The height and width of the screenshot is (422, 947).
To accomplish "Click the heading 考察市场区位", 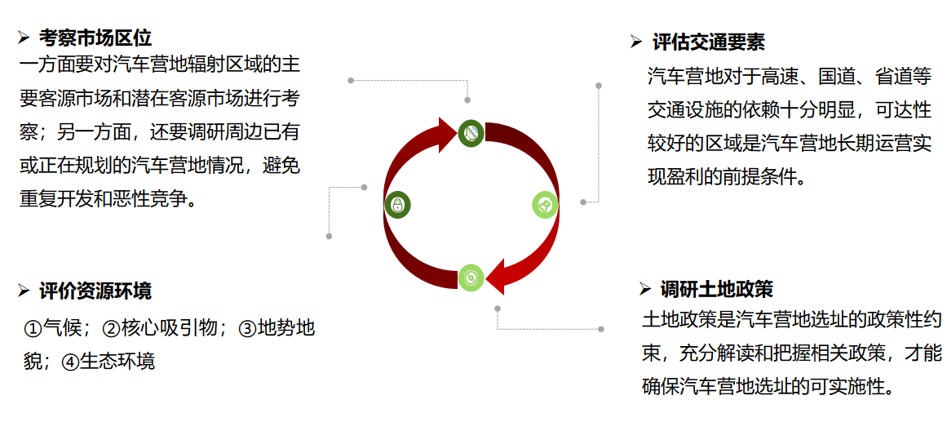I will pos(95,38).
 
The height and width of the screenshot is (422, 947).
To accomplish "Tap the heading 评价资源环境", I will pos(95,291).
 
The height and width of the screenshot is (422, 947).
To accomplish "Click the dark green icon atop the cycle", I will pos(471,133).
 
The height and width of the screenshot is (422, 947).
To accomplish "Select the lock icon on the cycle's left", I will pos(397,205).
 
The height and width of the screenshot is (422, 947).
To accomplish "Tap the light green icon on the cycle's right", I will pos(545,205).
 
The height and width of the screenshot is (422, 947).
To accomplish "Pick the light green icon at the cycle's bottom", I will pos(471,278).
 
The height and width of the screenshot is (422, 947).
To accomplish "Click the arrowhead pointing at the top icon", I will pos(446,135).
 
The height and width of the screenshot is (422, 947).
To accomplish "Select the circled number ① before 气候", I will pos(33,329).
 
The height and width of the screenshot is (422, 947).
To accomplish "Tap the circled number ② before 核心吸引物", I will pos(112,329).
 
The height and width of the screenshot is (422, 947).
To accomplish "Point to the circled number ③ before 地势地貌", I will pos(247,329).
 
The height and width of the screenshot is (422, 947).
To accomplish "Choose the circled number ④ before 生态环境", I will pos(69,361).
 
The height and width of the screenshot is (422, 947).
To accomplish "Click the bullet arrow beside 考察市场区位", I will pos(24,37).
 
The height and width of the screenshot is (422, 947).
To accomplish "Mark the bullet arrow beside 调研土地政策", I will pos(645,288).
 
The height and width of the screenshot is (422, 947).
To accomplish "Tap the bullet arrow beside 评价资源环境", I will pos(24,290).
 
